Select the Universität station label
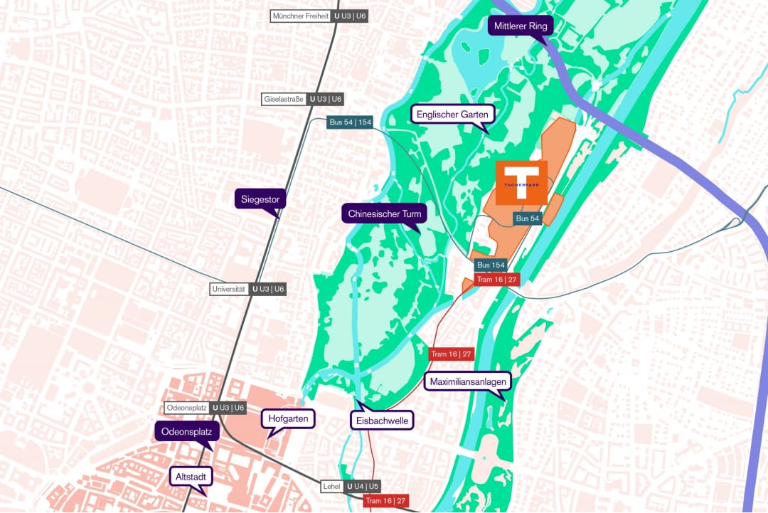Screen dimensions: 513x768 pyautogui.click(x=248, y=289)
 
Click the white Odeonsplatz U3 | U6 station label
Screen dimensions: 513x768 pyautogui.click(x=206, y=408)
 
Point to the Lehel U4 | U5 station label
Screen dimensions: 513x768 pyautogui.click(x=351, y=487)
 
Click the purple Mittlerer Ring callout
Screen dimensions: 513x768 pyautogui.click(x=521, y=27)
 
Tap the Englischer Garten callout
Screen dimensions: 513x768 pyautogui.click(x=452, y=114)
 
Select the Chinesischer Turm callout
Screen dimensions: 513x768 pyautogui.click(x=385, y=213)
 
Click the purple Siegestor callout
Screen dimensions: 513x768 pyautogui.click(x=260, y=199)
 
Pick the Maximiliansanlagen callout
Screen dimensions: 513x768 pyautogui.click(x=468, y=381)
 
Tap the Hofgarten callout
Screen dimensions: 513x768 pyautogui.click(x=289, y=418)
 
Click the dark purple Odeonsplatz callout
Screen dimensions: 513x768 pyautogui.click(x=187, y=431)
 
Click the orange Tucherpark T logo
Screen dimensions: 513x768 pyautogui.click(x=522, y=183)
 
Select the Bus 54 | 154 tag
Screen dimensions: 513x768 pyautogui.click(x=351, y=122)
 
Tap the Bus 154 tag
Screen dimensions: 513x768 pyautogui.click(x=491, y=265)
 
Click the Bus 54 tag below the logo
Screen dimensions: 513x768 pyautogui.click(x=527, y=218)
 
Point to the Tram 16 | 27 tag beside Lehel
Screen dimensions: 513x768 pyautogui.click(x=386, y=501)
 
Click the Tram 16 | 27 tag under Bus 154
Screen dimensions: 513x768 pyautogui.click(x=497, y=280)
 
